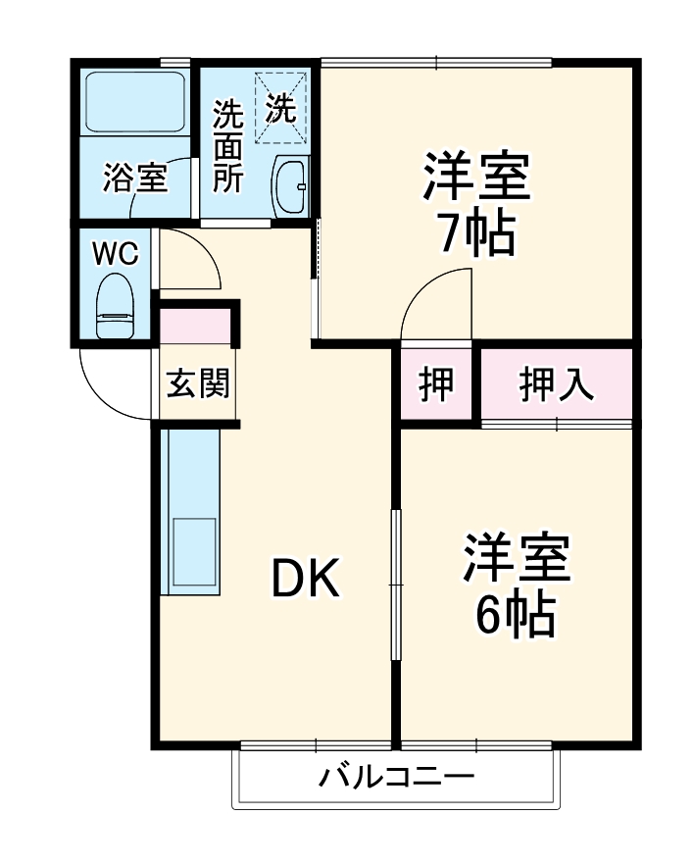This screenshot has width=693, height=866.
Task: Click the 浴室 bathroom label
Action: (x=135, y=179)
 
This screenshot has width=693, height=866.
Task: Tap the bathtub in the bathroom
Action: (x=135, y=101)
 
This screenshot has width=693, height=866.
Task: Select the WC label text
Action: (x=115, y=252)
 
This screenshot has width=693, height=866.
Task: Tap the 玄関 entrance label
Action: (x=197, y=384)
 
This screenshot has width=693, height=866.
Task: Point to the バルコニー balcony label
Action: (x=396, y=780)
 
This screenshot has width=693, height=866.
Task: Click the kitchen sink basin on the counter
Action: (x=193, y=552)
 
